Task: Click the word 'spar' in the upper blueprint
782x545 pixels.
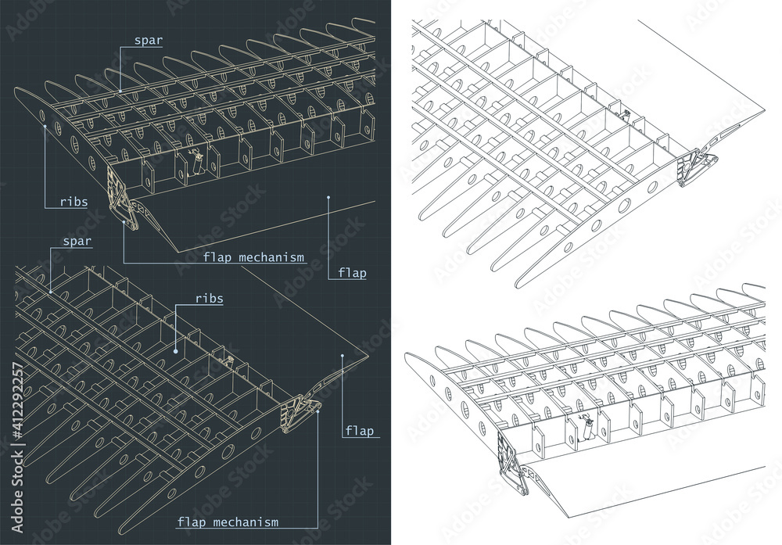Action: tap(148, 41)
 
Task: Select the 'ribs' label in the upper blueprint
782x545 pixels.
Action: tap(74, 202)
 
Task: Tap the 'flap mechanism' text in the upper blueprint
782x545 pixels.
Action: tap(253, 257)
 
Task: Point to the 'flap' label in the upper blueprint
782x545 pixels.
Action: tap(352, 273)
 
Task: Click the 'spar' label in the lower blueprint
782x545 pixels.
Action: tap(77, 242)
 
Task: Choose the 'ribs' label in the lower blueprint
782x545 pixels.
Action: tap(210, 299)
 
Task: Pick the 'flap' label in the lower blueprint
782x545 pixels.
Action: tap(359, 430)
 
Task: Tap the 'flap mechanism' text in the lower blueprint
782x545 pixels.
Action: tap(228, 522)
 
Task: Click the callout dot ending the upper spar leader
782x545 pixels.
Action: tap(120, 91)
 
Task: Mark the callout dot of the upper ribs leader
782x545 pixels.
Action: tap(45, 127)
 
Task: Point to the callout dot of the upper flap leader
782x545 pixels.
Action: tap(328, 198)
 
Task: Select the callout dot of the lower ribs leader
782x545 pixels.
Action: tap(175, 351)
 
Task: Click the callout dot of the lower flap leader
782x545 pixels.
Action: tap(343, 356)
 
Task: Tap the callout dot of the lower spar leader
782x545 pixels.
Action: tap(50, 292)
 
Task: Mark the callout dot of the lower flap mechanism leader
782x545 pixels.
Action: tap(318, 411)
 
